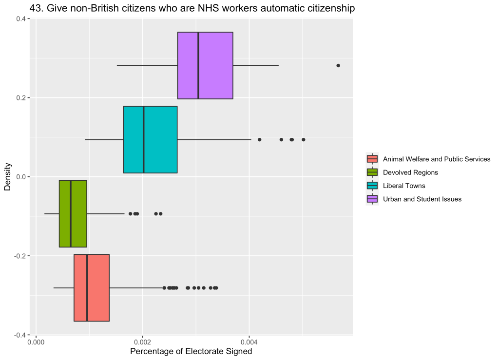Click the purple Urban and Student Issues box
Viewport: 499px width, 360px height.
tap(214, 65)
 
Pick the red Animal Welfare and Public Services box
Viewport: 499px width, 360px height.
tap(97, 287)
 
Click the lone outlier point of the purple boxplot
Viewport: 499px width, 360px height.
tap(338, 65)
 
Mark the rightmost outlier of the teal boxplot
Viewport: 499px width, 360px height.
tap(303, 139)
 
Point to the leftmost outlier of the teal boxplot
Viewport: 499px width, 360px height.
tap(259, 139)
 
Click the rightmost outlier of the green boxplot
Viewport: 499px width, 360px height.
tap(160, 213)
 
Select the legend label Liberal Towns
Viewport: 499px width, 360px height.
tap(404, 186)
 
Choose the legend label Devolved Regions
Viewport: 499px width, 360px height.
tap(410, 172)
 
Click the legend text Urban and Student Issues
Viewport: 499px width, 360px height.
tap(422, 199)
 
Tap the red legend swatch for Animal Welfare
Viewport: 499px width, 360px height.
tap(372, 159)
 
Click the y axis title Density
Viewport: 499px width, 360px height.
tap(8, 177)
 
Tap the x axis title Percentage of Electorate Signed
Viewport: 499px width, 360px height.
tap(191, 352)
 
